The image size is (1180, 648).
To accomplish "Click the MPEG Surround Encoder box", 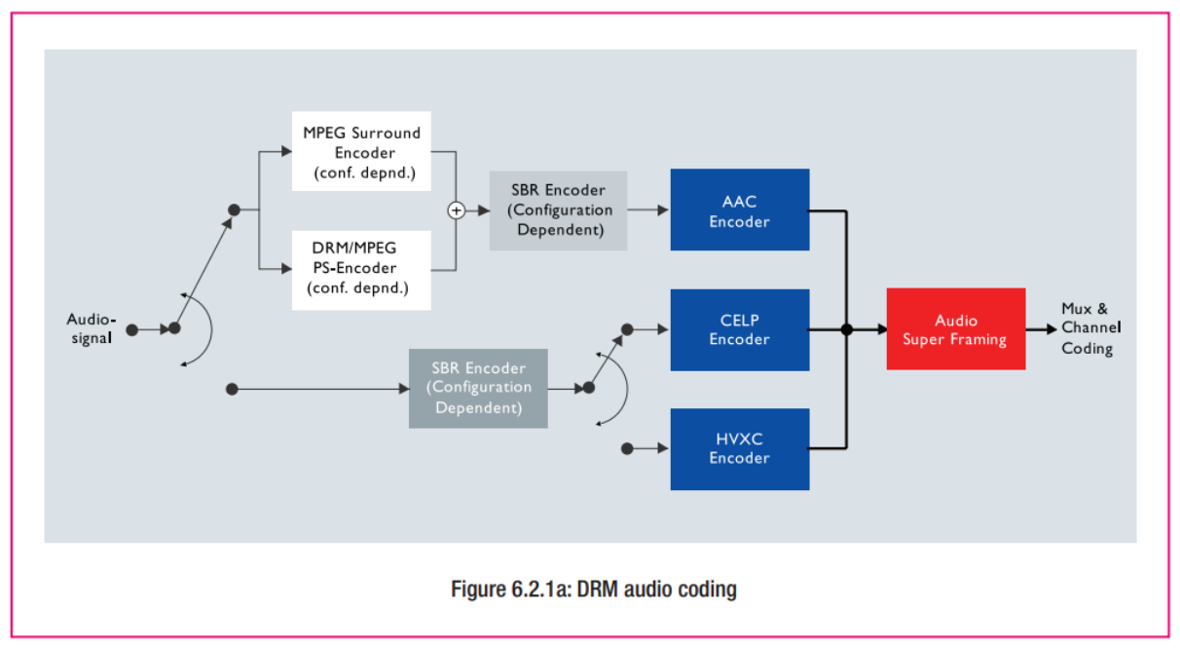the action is coord(361,151).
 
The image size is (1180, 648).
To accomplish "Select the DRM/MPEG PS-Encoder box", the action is coord(361,270).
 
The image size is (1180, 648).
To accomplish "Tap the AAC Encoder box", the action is coord(740,210).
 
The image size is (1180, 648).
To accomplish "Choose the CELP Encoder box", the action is coord(740,330).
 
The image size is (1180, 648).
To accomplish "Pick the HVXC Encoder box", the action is coord(740,449).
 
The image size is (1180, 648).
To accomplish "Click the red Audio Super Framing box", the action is coord(956,329).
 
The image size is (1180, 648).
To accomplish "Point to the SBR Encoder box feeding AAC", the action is coord(559,210).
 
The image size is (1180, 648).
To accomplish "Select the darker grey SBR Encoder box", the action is coord(478,389).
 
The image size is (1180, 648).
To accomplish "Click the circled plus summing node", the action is coord(457,210).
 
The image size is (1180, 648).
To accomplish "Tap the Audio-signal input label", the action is coord(92,328).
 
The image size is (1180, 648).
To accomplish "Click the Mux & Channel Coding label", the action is coord(1090,328).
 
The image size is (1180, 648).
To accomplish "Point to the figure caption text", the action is coord(594,589).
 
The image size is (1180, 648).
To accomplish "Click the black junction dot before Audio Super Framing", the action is coord(847,330).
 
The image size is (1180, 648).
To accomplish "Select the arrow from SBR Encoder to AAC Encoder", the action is coord(648,210).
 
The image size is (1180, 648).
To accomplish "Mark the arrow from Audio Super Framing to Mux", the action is coord(1042,329).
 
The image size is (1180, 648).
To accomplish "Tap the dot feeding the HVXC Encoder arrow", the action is coord(627,448).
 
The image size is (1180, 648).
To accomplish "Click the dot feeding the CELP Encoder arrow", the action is coord(627,329).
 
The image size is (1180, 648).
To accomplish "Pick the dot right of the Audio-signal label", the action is coord(132,330).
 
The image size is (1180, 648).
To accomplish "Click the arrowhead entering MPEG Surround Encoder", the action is coord(286,152).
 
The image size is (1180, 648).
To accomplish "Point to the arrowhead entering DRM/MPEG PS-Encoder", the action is coord(286,269).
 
